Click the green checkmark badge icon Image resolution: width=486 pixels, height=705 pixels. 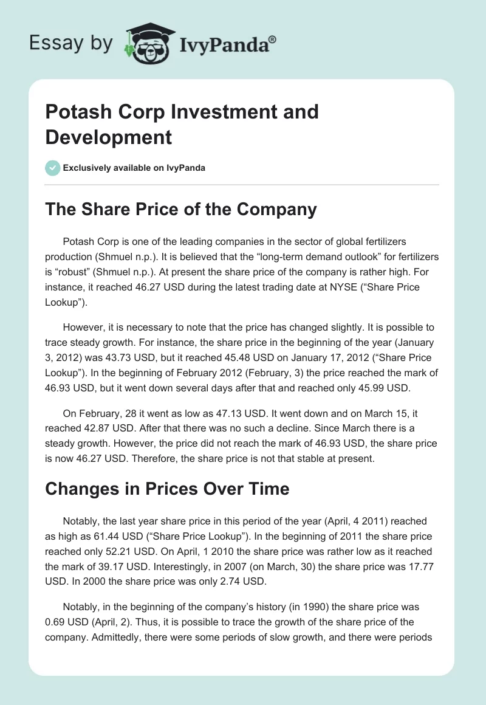point(53,168)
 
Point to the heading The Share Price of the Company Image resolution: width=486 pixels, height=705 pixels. point(181,209)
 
